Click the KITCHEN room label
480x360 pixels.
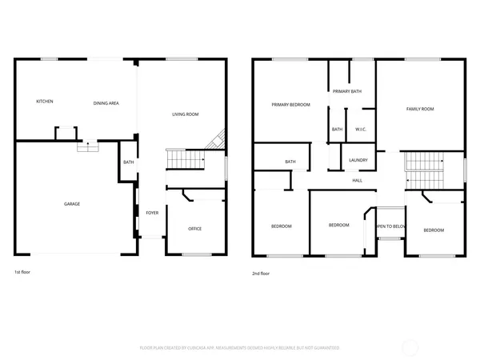pyautogui.click(x=45, y=102)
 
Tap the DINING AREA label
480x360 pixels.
pyautogui.click(x=106, y=102)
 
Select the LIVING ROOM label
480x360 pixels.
pyautogui.click(x=186, y=114)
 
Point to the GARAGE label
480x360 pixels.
pyautogui.click(x=72, y=204)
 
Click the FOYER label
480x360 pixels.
pyautogui.click(x=151, y=213)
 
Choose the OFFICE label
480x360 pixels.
pyautogui.click(x=194, y=229)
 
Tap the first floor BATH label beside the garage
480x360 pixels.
pyautogui.click(x=128, y=163)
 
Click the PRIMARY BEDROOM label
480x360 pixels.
pyautogui.click(x=290, y=105)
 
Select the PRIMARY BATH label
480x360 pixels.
pyautogui.click(x=347, y=91)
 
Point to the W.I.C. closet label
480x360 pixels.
pyautogui.click(x=361, y=130)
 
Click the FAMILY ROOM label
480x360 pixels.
pyautogui.click(x=420, y=109)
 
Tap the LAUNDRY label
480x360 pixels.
pyautogui.click(x=358, y=160)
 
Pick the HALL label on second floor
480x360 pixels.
pyautogui.click(x=358, y=180)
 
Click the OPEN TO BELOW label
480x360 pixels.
pyautogui.click(x=391, y=226)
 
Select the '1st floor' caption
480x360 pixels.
pyautogui.click(x=23, y=273)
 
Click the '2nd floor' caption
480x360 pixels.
pyautogui.click(x=262, y=273)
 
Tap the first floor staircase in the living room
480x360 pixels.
pyautogui.click(x=185, y=160)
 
